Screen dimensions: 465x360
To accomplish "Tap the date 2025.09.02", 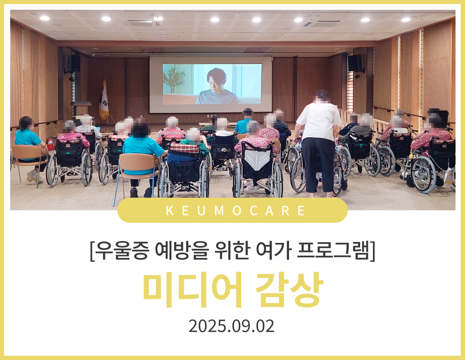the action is (231, 326).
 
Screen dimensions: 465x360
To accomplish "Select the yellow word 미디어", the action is (193, 289).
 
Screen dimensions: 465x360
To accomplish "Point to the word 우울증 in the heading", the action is (122, 251).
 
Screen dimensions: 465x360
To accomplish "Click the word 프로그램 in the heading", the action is (333, 251).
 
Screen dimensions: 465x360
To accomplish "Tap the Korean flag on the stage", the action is (103, 101).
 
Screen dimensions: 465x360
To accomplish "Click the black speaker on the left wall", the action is (73, 63).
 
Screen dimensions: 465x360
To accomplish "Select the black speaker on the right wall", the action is (355, 63).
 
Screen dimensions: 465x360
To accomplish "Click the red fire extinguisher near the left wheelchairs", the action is (50, 144).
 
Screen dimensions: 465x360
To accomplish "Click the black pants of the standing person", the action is (319, 165).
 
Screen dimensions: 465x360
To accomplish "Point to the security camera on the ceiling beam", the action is (94, 55).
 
